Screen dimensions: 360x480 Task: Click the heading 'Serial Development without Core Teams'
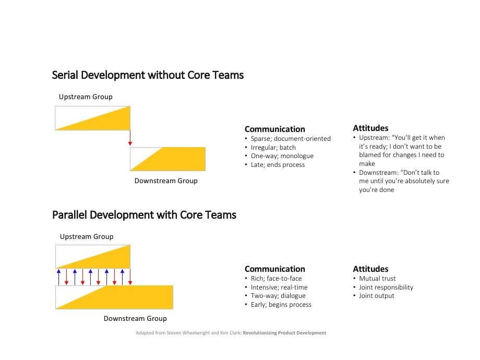click(148, 75)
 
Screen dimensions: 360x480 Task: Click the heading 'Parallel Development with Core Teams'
click(144, 215)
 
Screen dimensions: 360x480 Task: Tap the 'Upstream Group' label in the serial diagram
click(86, 97)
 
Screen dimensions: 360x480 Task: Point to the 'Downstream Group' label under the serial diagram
click(166, 181)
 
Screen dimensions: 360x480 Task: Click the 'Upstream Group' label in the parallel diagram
click(87, 236)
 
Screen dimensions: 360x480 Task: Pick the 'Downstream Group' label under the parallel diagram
click(135, 318)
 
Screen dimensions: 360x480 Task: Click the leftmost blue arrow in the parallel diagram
click(58, 277)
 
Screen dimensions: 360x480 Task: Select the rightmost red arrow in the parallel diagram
click(130, 277)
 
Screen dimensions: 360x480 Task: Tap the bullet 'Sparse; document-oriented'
click(290, 139)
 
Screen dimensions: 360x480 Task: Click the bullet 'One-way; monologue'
click(282, 156)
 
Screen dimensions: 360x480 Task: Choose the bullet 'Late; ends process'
click(278, 165)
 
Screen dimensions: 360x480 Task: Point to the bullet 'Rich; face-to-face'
click(276, 279)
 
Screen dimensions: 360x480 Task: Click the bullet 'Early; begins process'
click(281, 305)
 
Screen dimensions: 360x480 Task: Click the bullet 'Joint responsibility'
click(386, 287)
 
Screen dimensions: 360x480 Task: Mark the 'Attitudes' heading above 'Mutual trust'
click(370, 269)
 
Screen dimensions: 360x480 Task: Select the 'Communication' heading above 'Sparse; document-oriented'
click(275, 129)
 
